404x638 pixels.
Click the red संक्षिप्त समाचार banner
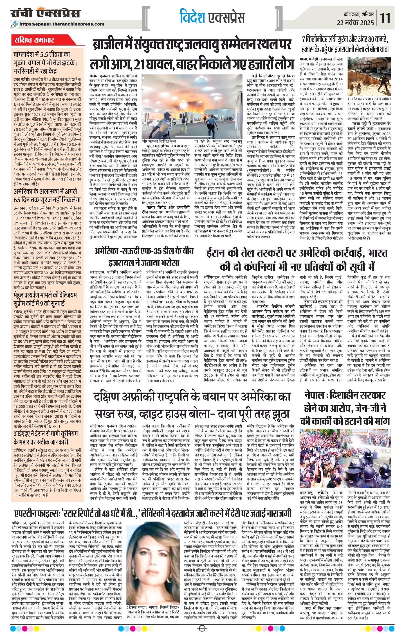tap(34, 41)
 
